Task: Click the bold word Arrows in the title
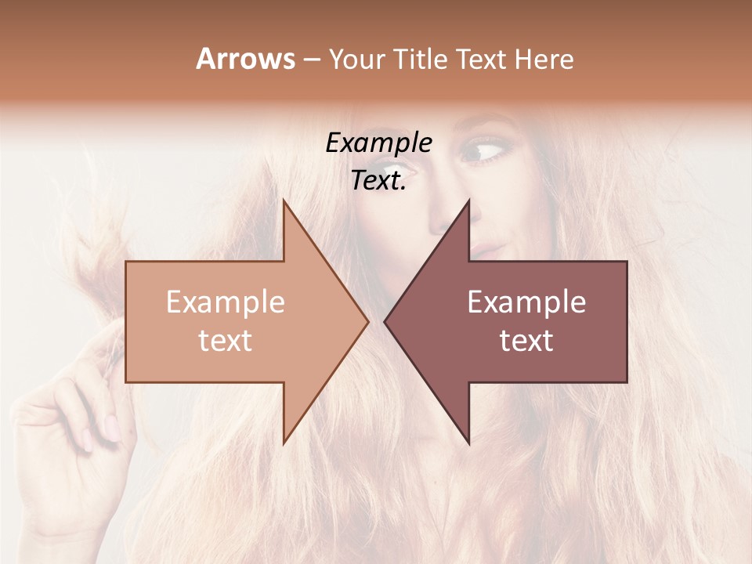(245, 59)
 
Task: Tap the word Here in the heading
(544, 59)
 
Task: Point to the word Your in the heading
(356, 59)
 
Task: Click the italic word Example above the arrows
(378, 143)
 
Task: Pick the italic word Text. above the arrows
(378, 181)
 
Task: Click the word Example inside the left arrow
(225, 302)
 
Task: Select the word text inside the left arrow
(225, 340)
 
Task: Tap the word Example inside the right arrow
(526, 302)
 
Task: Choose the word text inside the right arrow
(526, 340)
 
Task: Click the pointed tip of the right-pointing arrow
(367, 321)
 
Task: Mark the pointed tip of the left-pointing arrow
(385, 321)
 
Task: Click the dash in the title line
(311, 60)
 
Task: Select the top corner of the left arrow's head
(284, 201)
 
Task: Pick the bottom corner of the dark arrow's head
(469, 443)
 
